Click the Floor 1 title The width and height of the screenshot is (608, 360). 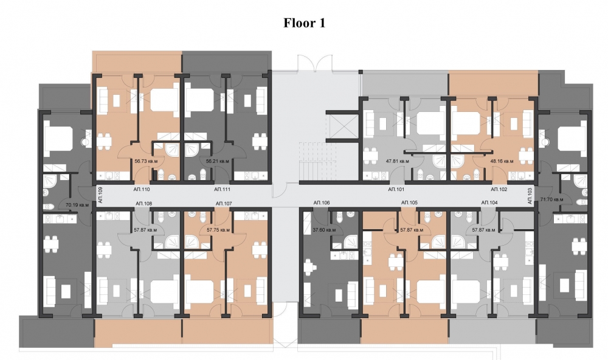305,23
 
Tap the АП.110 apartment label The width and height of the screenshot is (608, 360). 142,190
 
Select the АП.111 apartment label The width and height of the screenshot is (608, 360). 222,190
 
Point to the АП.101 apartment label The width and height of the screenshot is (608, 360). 396,190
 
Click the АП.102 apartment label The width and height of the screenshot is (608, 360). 499,190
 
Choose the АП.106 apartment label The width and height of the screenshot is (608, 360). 322,203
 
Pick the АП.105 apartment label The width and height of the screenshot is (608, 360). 409,203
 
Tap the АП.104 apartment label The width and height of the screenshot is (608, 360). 489,203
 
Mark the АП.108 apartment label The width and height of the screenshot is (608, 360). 143,203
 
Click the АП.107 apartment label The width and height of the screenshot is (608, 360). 224,203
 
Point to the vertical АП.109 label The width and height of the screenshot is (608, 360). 100,195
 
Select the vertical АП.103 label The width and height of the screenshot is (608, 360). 530,196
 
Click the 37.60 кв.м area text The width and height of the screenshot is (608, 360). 324,230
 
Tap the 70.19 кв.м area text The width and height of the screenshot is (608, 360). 77,205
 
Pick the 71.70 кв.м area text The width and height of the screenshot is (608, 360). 551,199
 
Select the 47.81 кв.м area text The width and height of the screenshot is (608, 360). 398,161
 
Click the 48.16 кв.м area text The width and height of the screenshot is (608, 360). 502,161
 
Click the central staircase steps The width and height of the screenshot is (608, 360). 313,161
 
